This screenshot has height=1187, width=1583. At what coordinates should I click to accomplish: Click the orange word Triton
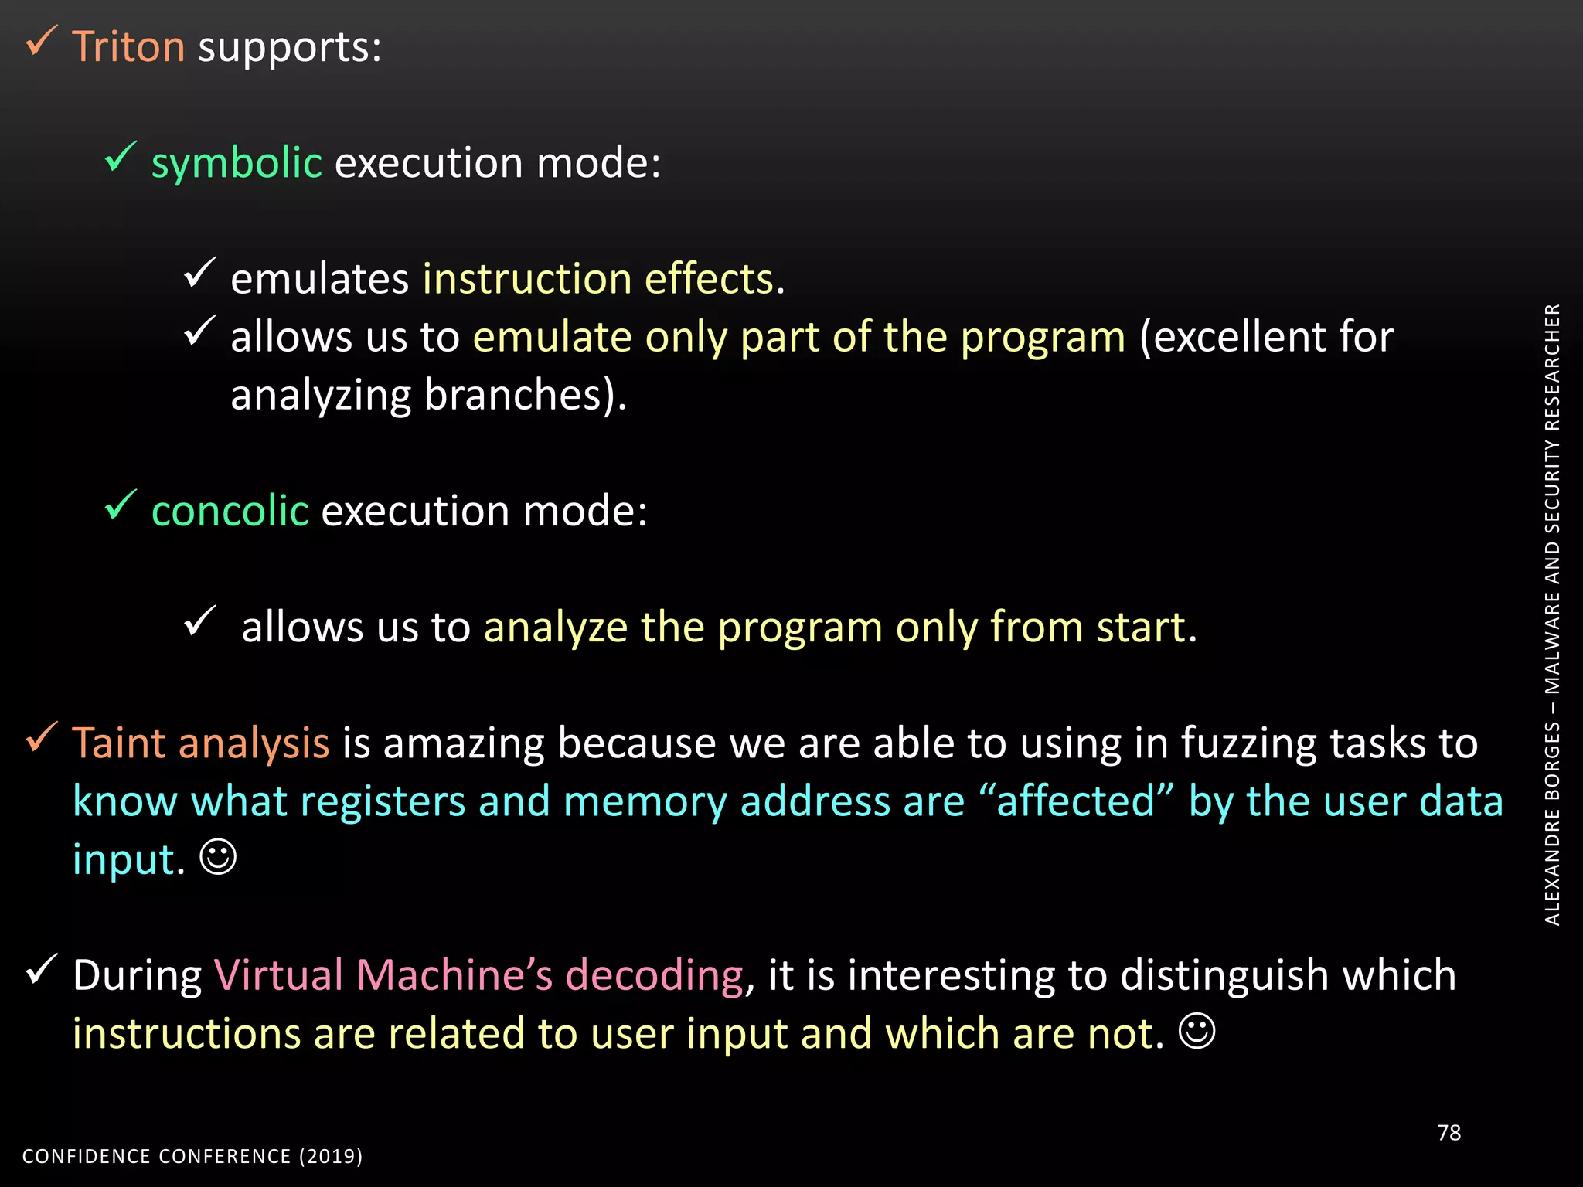[x=128, y=47]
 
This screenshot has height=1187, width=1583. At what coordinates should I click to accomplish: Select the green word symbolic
[x=237, y=163]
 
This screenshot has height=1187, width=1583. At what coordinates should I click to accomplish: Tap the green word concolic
[x=230, y=512]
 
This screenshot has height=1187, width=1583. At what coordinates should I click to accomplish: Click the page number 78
[x=1449, y=1133]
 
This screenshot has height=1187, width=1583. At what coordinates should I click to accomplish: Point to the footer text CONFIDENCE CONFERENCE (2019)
[x=192, y=1156]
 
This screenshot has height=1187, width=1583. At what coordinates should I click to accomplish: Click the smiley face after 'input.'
[x=218, y=857]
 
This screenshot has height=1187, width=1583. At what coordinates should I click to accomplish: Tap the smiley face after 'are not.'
[x=1197, y=1031]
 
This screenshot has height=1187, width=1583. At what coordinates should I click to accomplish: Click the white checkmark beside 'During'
[x=42, y=969]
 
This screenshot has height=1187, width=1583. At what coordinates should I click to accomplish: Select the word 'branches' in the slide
[x=513, y=396]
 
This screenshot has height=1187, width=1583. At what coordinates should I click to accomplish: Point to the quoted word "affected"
[x=1076, y=801]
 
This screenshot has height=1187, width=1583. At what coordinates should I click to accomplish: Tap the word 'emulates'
[x=319, y=279]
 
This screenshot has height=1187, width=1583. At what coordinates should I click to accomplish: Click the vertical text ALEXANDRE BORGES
[x=1552, y=823]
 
